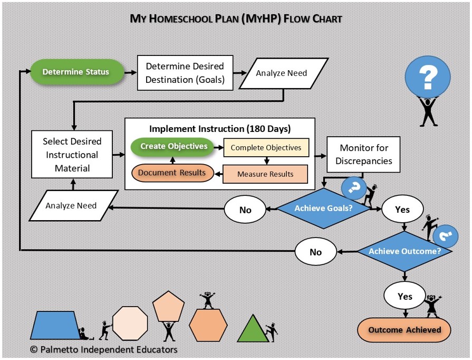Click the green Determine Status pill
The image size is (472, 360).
(x=76, y=72)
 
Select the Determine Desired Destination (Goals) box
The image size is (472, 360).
(x=185, y=73)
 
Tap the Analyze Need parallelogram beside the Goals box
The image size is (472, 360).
(x=282, y=73)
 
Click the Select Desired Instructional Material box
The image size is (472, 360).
(x=72, y=155)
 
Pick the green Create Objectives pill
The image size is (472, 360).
(x=174, y=146)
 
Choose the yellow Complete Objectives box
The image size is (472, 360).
(x=266, y=148)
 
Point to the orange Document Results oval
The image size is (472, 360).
(x=172, y=173)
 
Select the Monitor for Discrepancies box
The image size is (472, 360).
(x=363, y=155)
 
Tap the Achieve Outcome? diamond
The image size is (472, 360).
(x=404, y=251)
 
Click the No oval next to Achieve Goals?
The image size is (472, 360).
(x=245, y=210)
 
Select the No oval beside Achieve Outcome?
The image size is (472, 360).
(x=315, y=252)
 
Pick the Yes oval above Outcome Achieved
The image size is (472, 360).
(x=404, y=296)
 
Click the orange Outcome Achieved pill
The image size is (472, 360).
(x=404, y=330)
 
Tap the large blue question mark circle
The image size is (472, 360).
(x=429, y=78)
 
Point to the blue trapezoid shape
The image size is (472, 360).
(x=57, y=325)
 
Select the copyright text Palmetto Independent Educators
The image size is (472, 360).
(x=103, y=349)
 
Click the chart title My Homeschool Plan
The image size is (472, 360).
(x=236, y=19)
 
